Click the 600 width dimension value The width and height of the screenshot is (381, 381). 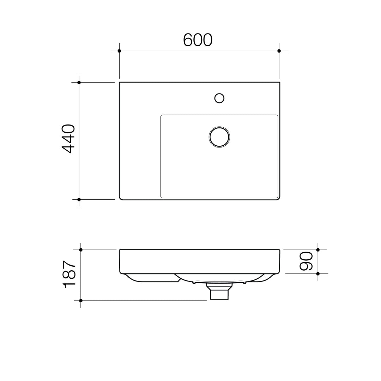point(198,40)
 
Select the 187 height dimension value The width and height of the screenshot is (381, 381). point(69,274)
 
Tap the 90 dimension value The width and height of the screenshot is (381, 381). point(306,261)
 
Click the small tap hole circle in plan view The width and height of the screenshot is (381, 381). point(219,98)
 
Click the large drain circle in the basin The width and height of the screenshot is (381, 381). point(219,137)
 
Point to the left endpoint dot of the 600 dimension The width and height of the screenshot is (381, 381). point(119,51)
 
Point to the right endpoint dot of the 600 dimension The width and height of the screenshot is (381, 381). point(279,51)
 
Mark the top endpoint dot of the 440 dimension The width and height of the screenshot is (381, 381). point(79,82)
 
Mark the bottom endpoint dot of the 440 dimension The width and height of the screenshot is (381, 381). point(79,200)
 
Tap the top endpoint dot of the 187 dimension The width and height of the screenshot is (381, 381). point(81,250)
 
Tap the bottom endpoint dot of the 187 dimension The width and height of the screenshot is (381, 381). point(81,301)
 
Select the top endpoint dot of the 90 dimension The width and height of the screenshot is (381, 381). point(318,250)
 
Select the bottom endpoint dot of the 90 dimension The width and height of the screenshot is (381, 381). point(318,274)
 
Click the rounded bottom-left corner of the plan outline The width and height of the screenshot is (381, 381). point(121,198)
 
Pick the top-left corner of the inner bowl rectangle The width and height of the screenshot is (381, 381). point(161,115)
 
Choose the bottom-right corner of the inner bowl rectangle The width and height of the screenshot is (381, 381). point(277,197)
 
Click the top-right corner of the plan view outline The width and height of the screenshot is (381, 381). point(279,83)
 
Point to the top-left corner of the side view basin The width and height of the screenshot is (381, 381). point(120,250)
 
